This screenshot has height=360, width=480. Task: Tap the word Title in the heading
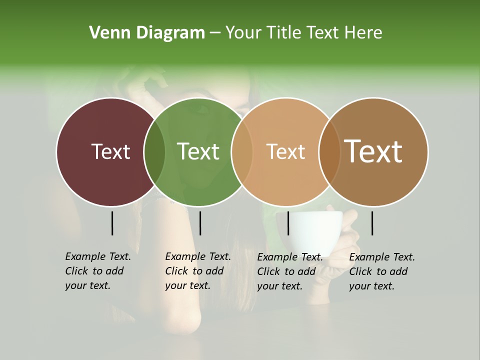coord(283,33)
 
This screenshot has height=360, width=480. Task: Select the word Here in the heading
coord(363,33)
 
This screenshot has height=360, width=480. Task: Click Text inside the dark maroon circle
coord(110,151)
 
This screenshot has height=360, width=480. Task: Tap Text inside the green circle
coord(198,151)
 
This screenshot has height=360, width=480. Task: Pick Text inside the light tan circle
coord(285,151)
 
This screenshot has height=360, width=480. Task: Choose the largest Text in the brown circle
coord(373,151)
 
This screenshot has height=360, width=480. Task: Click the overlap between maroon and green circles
coord(154,152)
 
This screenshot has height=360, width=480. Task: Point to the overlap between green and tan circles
coord(241,152)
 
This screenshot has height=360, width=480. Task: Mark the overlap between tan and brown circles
coord(329,152)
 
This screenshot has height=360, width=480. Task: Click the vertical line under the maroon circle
coord(112,223)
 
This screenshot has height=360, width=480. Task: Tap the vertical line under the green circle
coord(200,223)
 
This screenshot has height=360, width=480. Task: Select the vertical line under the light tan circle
coord(288,223)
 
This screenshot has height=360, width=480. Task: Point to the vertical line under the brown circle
coord(372,223)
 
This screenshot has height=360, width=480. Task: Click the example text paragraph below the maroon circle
coord(97,271)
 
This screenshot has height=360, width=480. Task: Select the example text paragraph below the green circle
coord(197,271)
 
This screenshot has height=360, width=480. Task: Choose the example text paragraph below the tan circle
coord(289,271)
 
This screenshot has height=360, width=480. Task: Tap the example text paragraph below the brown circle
coord(381,271)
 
